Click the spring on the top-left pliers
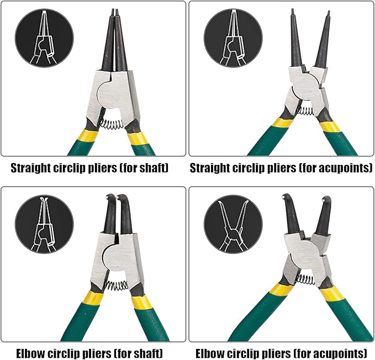[x=110, y=124]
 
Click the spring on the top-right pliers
[x=305, y=111]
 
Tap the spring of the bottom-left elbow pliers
[x=117, y=285]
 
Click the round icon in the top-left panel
[x=44, y=38]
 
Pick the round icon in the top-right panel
[x=233, y=38]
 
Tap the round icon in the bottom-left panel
[x=44, y=224]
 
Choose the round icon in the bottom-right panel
[x=233, y=224]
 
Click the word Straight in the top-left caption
[x=30, y=168]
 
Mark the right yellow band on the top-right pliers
[x=330, y=127]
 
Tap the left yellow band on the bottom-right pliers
[x=281, y=290]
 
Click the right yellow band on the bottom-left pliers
[x=141, y=302]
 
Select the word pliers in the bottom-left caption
[x=97, y=353]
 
